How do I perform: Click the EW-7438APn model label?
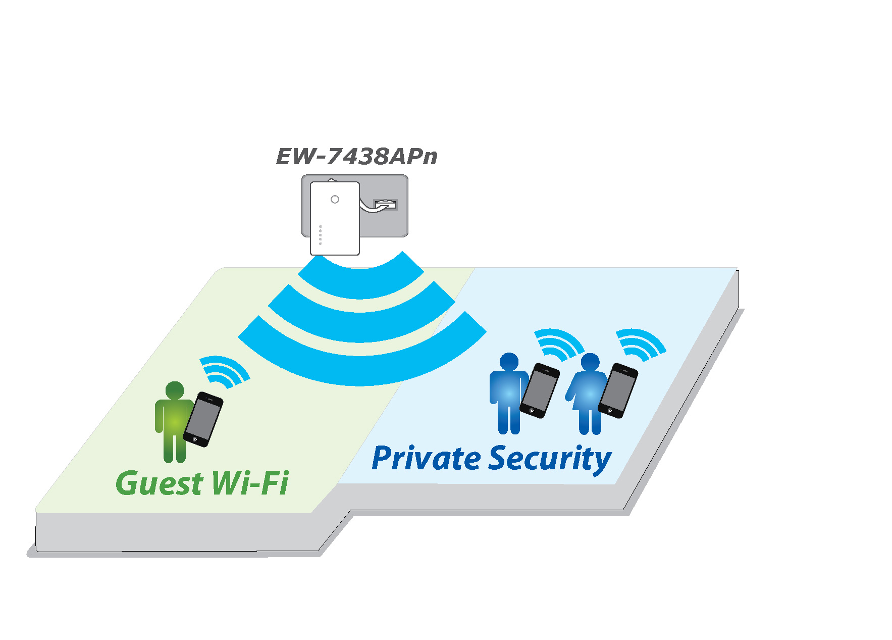tap(356, 157)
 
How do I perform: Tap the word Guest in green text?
tap(159, 483)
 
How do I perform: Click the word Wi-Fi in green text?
tap(250, 483)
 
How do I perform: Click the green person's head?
tap(175, 390)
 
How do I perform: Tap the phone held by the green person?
tap(203, 419)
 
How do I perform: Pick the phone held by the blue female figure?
tap(618, 390)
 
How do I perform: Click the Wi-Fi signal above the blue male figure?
tap(559, 343)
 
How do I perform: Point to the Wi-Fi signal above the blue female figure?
tap(641, 343)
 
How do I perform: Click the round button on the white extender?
tap(335, 200)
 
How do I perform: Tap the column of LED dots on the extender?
tap(320, 235)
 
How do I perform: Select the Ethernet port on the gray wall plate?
tap(385, 205)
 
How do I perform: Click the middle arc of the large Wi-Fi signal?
tap(360, 326)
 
